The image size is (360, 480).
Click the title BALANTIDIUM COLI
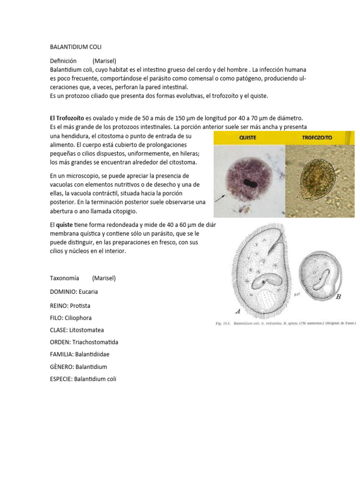coord(75,47)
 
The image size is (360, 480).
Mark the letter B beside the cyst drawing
coord(338,297)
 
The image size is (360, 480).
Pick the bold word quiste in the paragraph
coord(64,225)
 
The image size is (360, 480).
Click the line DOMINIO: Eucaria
coord(74,292)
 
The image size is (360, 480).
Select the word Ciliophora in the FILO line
coord(81,317)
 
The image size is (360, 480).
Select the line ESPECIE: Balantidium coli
coord(83,379)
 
